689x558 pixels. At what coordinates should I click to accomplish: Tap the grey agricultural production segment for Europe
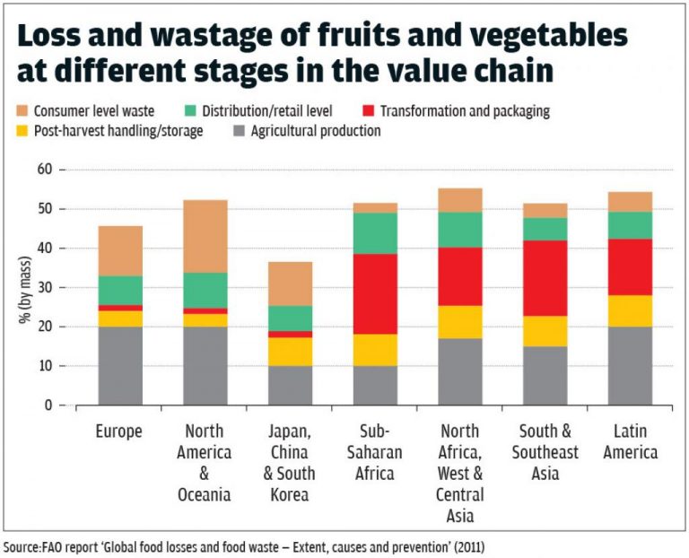click(x=120, y=366)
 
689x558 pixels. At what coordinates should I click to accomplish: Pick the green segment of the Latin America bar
click(x=630, y=225)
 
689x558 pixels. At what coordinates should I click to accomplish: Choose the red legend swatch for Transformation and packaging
click(x=370, y=111)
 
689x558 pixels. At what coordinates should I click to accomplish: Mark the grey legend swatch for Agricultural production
click(x=238, y=131)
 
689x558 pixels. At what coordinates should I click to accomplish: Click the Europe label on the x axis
click(x=119, y=432)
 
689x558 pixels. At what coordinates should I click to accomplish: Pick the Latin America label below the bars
click(x=630, y=441)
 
